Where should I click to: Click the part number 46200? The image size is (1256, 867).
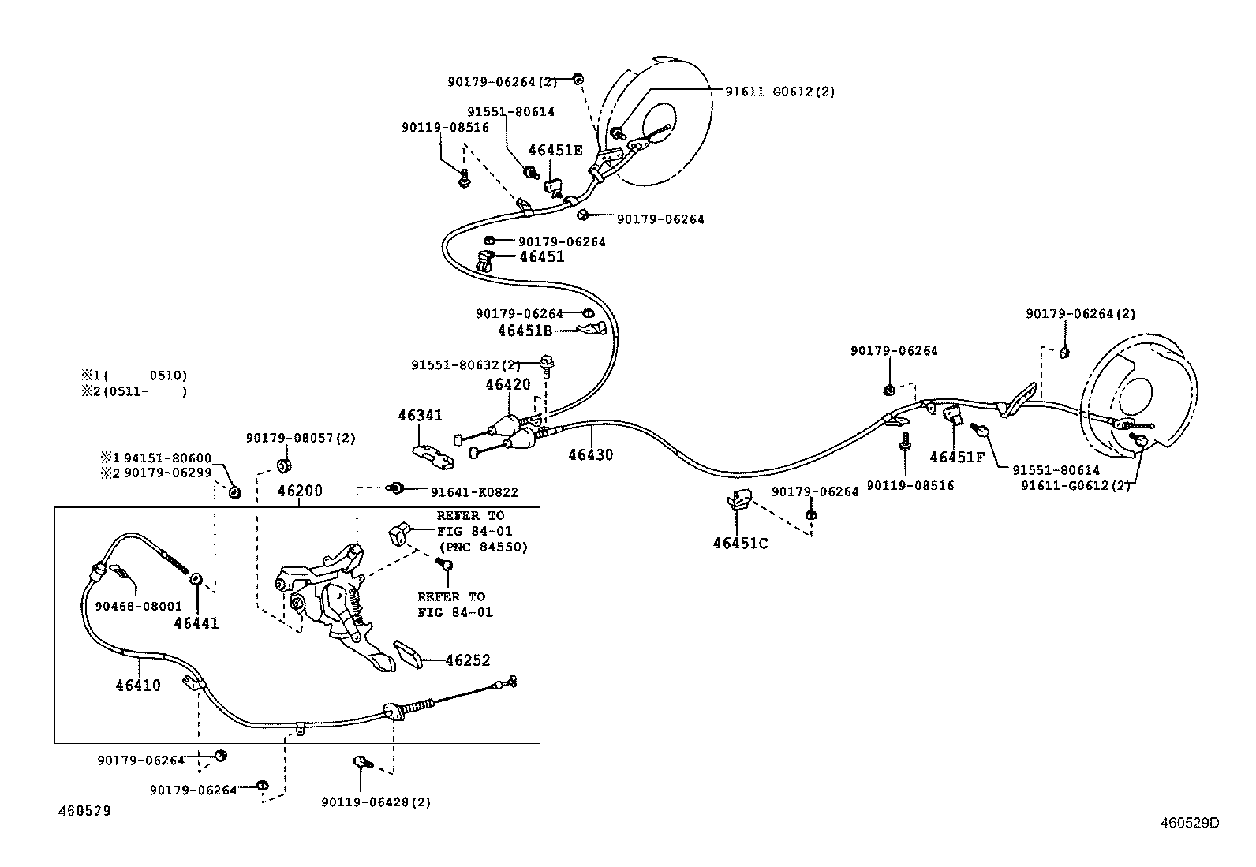[300, 491]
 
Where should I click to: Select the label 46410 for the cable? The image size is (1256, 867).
[138, 685]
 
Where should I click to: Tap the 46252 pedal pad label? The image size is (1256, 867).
[468, 660]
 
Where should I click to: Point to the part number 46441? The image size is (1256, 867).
[196, 623]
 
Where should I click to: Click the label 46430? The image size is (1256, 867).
[591, 454]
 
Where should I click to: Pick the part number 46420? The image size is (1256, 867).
[508, 384]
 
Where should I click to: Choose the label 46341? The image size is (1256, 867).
[420, 415]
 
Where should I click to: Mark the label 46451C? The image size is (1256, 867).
[740, 543]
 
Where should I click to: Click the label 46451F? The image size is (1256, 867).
[957, 457]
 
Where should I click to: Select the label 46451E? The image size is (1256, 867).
[555, 151]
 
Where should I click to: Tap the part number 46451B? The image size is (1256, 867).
[525, 331]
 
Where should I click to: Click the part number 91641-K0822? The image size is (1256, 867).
[474, 492]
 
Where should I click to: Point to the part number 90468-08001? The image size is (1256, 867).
[139, 606]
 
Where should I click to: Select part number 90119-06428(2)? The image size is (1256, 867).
[376, 802]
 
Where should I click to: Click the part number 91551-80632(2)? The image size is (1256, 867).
[466, 365]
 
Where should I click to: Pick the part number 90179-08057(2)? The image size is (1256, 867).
[301, 438]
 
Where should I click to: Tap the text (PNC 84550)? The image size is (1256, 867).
[483, 547]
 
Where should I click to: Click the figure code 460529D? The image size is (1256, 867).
[1190, 823]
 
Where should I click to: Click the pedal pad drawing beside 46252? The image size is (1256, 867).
[409, 655]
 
